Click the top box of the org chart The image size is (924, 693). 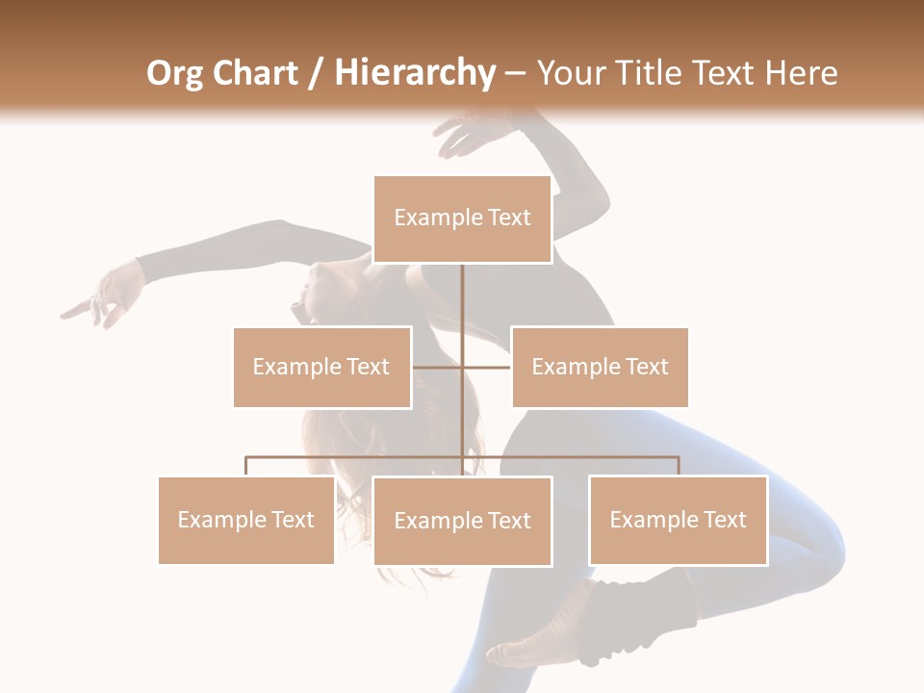462,218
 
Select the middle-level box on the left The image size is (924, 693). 321,367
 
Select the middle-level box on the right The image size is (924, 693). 600,367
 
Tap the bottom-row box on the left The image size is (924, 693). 246,520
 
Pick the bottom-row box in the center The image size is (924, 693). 462,521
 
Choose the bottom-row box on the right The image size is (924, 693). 678,520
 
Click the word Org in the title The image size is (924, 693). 174,73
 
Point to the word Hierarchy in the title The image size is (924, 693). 414,73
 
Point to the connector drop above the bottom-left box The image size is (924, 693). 246,466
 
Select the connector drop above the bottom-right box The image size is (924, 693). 678,466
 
